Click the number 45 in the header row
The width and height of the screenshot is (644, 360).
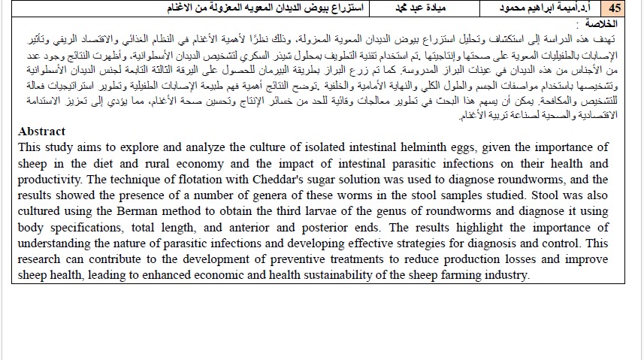tap(615, 9)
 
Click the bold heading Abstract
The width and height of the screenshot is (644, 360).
tap(41, 132)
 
